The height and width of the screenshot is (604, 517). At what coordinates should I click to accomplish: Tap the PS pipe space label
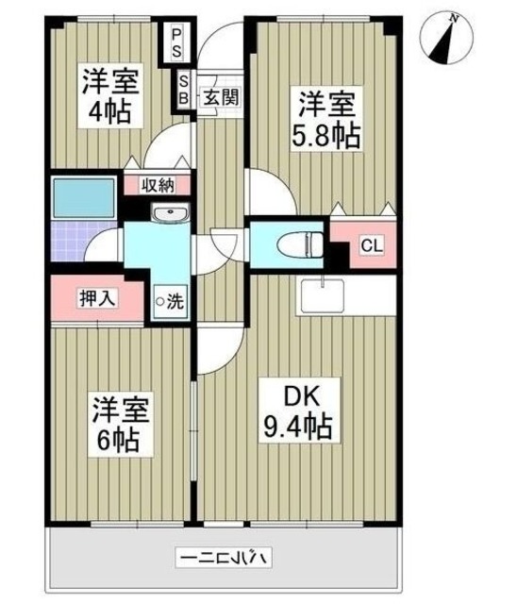(x=177, y=42)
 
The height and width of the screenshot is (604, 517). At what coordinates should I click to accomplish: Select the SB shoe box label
(x=184, y=89)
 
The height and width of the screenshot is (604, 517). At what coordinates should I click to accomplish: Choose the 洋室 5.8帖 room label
(x=326, y=118)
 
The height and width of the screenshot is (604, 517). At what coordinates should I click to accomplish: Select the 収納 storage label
(x=157, y=185)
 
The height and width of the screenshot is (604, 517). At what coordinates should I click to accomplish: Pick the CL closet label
(x=371, y=246)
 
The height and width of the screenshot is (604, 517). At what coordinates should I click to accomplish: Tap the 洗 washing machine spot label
(x=170, y=301)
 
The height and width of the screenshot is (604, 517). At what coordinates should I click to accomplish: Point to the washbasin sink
(x=170, y=213)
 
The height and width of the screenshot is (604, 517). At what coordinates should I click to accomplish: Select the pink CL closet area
(x=363, y=241)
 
